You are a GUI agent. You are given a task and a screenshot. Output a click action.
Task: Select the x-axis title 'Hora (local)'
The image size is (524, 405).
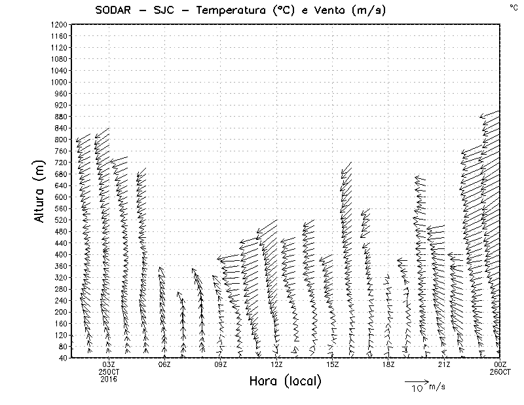coord(286,381)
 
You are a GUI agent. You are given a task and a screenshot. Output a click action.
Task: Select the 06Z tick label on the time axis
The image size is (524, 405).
coord(164,364)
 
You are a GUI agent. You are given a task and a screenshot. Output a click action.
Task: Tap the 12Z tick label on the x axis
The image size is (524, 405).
coord(276,364)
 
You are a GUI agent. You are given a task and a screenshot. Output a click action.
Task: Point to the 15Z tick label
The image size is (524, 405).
coord(332,364)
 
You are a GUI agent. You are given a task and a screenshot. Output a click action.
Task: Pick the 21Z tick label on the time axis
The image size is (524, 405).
coord(444,364)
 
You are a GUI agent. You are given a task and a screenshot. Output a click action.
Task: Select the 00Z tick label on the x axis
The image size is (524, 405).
coord(500,364)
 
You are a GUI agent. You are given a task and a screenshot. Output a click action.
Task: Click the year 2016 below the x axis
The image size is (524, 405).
coord(109,379)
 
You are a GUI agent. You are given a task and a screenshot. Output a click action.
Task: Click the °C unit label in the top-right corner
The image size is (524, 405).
coord(513,7)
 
